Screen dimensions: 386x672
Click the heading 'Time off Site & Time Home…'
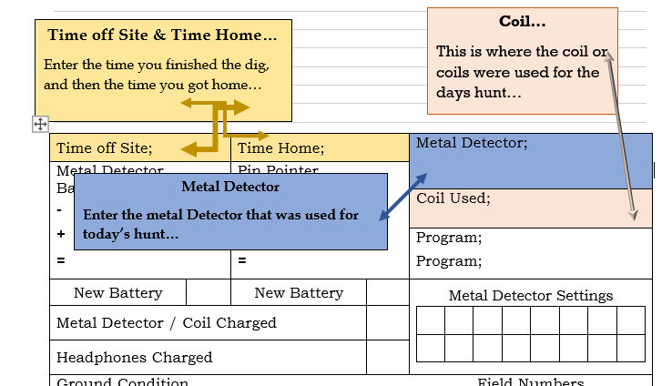163,36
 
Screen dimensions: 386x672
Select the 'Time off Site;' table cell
105,148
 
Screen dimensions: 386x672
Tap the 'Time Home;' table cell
280,148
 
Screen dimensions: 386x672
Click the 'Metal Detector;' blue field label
472,143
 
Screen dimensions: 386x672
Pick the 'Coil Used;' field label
453,198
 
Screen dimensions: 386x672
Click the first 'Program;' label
449,239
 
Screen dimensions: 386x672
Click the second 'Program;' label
449,261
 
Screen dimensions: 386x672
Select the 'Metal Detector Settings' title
531,295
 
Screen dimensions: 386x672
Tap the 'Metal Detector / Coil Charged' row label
167,323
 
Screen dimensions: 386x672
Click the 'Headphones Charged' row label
135,358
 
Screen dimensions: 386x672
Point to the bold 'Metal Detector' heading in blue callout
230,187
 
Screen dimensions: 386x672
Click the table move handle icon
40,124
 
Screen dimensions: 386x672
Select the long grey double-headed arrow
622,137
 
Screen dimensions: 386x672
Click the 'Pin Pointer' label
279,170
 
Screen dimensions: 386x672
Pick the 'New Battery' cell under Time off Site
118,293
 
